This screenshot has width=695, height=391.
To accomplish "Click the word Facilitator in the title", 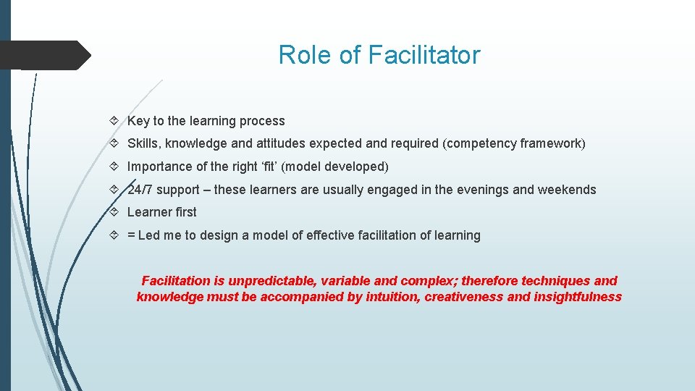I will point(424,55).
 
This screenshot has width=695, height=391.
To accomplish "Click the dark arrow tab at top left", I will point(43,55).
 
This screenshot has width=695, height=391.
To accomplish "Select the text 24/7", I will point(140,190).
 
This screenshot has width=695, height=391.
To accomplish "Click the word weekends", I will point(567,190).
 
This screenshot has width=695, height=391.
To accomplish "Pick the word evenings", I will point(482,190).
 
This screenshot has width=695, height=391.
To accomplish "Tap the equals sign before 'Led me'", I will point(131,235).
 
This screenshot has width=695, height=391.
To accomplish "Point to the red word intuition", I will point(389,297).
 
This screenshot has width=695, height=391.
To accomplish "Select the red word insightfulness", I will point(579,297).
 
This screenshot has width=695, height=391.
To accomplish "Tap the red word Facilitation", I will point(177,281).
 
